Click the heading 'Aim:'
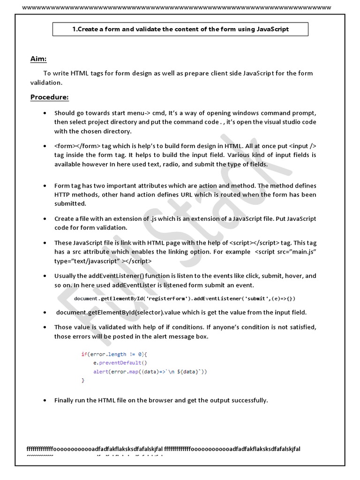point(38,59)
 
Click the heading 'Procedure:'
point(49,97)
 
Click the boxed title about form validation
point(180,29)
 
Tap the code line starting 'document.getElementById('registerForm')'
point(185,299)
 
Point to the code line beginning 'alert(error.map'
point(150,371)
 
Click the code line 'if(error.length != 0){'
point(114,354)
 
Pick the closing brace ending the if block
point(83,381)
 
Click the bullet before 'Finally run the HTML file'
point(44,400)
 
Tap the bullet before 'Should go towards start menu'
point(44,113)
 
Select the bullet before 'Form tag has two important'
point(44,185)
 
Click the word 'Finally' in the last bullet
point(65,400)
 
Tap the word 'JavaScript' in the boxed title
point(273,29)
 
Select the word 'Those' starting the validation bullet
point(63,327)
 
